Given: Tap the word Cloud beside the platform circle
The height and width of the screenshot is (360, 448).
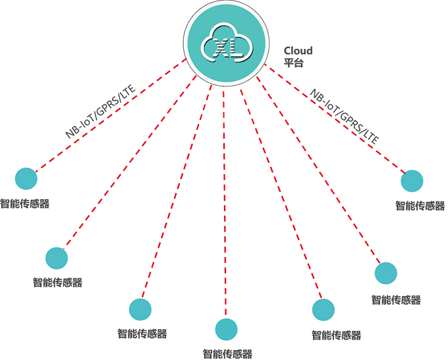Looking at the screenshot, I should (x=298, y=51).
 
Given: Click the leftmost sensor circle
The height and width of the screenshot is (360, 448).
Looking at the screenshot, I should (x=26, y=178).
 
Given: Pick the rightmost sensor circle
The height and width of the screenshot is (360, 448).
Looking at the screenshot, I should (x=412, y=181).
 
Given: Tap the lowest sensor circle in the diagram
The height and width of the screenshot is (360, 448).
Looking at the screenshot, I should (x=226, y=328).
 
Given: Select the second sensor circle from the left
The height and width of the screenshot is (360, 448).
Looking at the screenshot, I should (x=57, y=258).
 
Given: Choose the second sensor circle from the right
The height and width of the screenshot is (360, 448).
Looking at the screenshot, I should (x=386, y=273).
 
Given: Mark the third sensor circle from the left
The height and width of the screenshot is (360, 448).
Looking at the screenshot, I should (x=140, y=309).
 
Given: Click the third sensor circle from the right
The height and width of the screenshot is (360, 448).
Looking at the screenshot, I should (x=323, y=310).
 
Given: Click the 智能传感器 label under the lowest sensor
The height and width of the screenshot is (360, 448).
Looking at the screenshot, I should (x=227, y=353).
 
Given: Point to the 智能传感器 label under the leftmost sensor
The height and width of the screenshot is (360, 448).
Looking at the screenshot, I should (x=25, y=204).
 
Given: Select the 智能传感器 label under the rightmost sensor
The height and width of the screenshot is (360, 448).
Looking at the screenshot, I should (x=420, y=205).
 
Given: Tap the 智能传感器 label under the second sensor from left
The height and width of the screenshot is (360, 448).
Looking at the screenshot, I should (x=58, y=283).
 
